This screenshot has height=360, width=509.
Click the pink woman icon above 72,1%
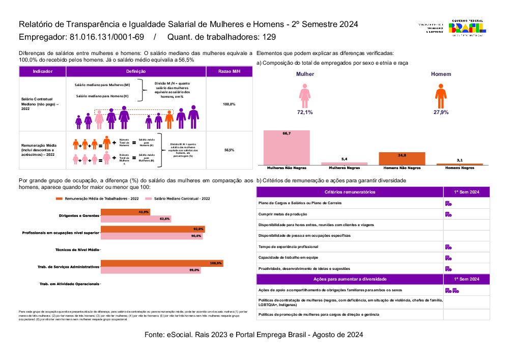[x=305, y=95]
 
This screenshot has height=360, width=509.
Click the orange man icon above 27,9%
[x=441, y=95]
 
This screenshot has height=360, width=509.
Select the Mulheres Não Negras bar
[x=287, y=147]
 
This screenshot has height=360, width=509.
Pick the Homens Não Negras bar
[x=402, y=158]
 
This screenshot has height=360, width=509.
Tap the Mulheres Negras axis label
[x=345, y=167]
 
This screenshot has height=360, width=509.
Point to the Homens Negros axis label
[x=460, y=167]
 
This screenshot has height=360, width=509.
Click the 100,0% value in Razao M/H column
[x=229, y=104]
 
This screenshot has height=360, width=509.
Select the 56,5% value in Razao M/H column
[x=229, y=150]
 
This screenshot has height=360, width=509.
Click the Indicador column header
[x=42, y=72]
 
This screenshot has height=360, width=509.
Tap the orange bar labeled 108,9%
[x=162, y=263]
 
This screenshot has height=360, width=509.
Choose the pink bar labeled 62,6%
[x=136, y=219]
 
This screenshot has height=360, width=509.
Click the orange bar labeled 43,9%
[x=125, y=212]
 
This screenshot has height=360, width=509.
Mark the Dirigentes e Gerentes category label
[x=79, y=215]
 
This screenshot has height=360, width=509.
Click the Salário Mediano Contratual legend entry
[x=178, y=199]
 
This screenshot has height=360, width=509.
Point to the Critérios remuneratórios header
[x=350, y=192]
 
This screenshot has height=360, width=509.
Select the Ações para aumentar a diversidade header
[x=350, y=279]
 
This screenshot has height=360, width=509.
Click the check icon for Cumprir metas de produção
[x=448, y=214]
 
